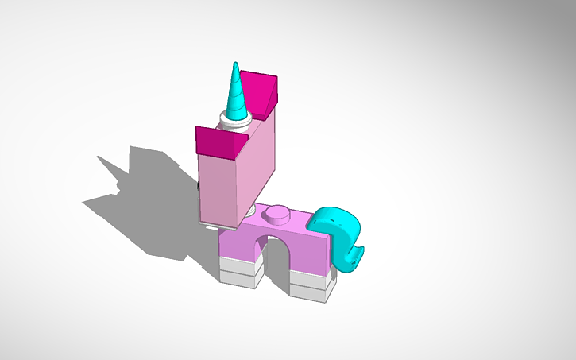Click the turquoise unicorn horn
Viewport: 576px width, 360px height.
pos(237,95)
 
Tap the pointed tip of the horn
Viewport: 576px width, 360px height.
pos(235,64)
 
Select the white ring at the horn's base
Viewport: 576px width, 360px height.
pos(235,123)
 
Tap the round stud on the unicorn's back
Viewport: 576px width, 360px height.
pos(277,213)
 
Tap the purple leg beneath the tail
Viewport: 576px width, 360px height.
pos(310,254)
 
